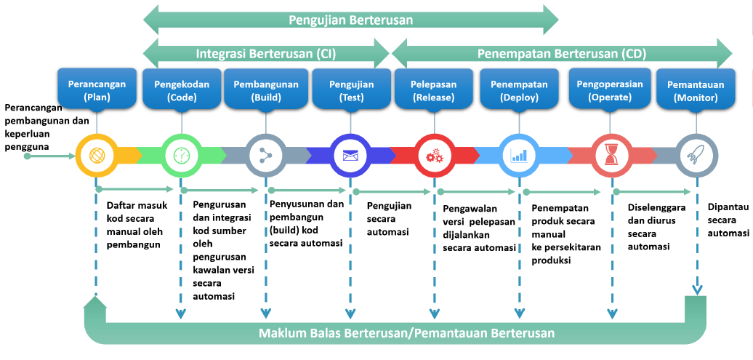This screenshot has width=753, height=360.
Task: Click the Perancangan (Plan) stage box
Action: pyautogui.click(x=97, y=89)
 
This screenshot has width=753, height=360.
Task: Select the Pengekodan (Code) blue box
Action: pyautogui.click(x=182, y=89)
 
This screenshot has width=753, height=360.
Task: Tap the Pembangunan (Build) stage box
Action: pyautogui.click(x=265, y=89)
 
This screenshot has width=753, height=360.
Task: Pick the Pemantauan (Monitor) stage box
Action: pyautogui.click(x=696, y=90)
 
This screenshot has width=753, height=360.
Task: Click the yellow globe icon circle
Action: pyautogui.click(x=97, y=156)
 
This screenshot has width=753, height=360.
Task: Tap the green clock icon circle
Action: pyautogui.click(x=182, y=156)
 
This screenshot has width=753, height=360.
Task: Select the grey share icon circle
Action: pyautogui.click(x=265, y=156)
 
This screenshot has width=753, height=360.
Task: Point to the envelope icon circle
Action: pyautogui.click(x=350, y=156)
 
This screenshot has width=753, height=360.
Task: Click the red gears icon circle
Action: pyautogui.click(x=434, y=156)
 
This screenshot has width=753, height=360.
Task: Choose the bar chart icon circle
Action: pyautogui.click(x=519, y=156)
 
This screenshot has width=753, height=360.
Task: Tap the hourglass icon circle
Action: pyautogui.click(x=611, y=156)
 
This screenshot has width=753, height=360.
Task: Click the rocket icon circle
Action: pyautogui.click(x=697, y=156)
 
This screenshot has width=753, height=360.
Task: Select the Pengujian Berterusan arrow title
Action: pyautogui.click(x=351, y=20)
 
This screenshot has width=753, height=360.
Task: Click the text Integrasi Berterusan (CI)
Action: pyautogui.click(x=265, y=54)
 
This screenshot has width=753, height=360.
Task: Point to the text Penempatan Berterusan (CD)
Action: pyautogui.click(x=562, y=53)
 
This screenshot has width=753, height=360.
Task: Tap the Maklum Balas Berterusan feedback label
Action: pyautogui.click(x=406, y=333)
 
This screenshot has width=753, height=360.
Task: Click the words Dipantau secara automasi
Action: pyautogui.click(x=728, y=220)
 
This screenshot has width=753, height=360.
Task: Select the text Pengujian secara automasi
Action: pyautogui.click(x=389, y=219)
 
